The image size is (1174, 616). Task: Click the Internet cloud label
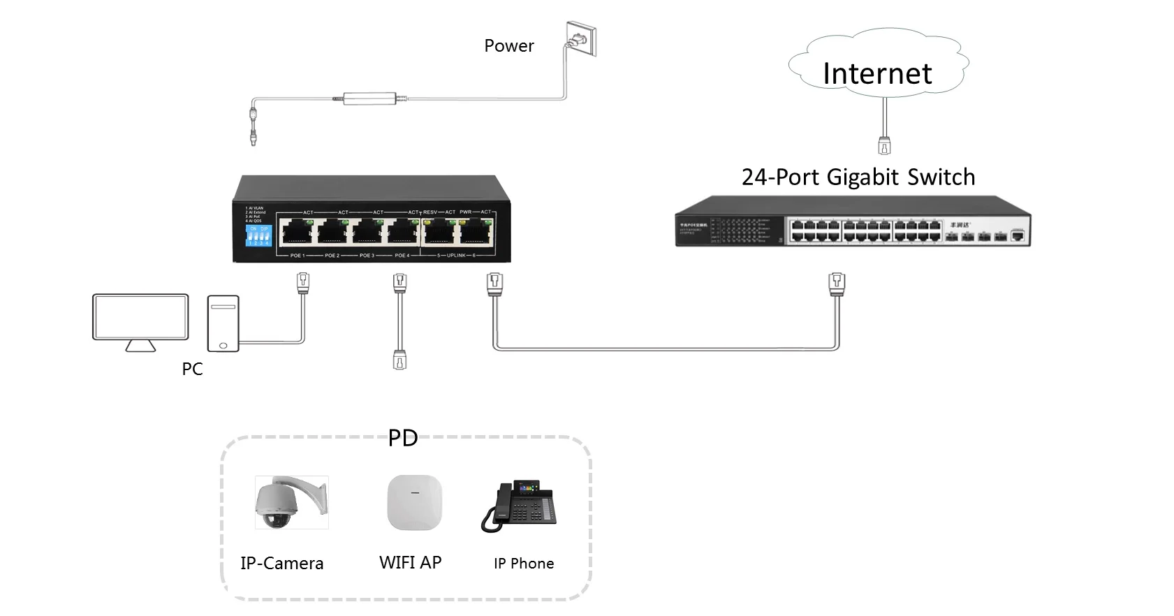(877, 73)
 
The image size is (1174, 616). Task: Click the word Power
(509, 46)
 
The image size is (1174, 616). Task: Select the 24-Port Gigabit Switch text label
(858, 177)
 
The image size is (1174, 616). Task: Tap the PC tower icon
(223, 323)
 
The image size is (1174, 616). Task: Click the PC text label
(192, 369)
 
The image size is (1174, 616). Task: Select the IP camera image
(291, 503)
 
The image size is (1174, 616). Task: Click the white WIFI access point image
(415, 502)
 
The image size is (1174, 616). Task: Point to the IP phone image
(519, 506)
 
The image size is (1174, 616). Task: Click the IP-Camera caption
(281, 564)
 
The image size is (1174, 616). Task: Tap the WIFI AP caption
(410, 563)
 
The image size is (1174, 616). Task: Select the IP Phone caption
(524, 564)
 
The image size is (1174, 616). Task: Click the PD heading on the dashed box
(403, 438)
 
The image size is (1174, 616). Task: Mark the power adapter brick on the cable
(369, 98)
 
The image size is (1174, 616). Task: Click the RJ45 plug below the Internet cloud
(884, 145)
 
